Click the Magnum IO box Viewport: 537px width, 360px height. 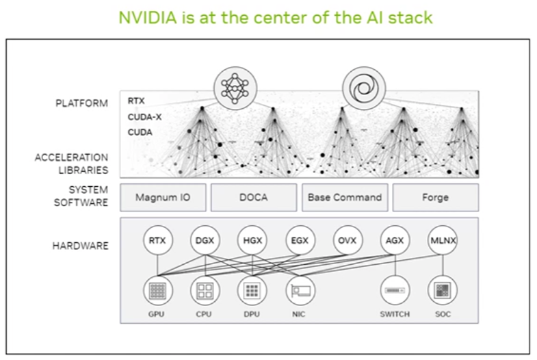pyautogui.click(x=163, y=197)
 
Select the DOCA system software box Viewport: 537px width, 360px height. pyautogui.click(x=254, y=197)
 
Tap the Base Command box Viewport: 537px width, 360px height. pyautogui.click(x=345, y=197)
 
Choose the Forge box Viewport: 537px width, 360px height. pyautogui.click(x=435, y=197)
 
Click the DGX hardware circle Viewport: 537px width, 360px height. pyautogui.click(x=205, y=240)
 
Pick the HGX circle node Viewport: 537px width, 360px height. pyautogui.click(x=252, y=240)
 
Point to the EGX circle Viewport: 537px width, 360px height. pyautogui.click(x=300, y=240)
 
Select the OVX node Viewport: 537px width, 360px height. pyautogui.click(x=348, y=240)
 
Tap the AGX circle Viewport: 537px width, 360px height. pyautogui.click(x=395, y=240)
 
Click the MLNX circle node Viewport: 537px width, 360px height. pyautogui.click(x=443, y=240)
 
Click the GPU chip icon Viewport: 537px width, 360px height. pyautogui.click(x=157, y=290)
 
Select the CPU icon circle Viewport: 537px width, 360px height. pyautogui.click(x=205, y=290)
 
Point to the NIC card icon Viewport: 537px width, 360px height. pyautogui.click(x=300, y=290)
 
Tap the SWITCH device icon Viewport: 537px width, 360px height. pyautogui.click(x=395, y=290)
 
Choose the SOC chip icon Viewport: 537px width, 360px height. pyautogui.click(x=443, y=290)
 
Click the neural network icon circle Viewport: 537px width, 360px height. pyautogui.click(x=235, y=88)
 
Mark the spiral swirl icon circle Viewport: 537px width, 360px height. pyautogui.click(x=364, y=88)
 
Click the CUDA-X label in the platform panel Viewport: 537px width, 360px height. pyautogui.click(x=144, y=117)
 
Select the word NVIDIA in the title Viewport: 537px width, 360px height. pyautogui.click(x=148, y=18)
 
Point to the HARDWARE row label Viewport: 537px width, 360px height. pyautogui.click(x=81, y=246)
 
